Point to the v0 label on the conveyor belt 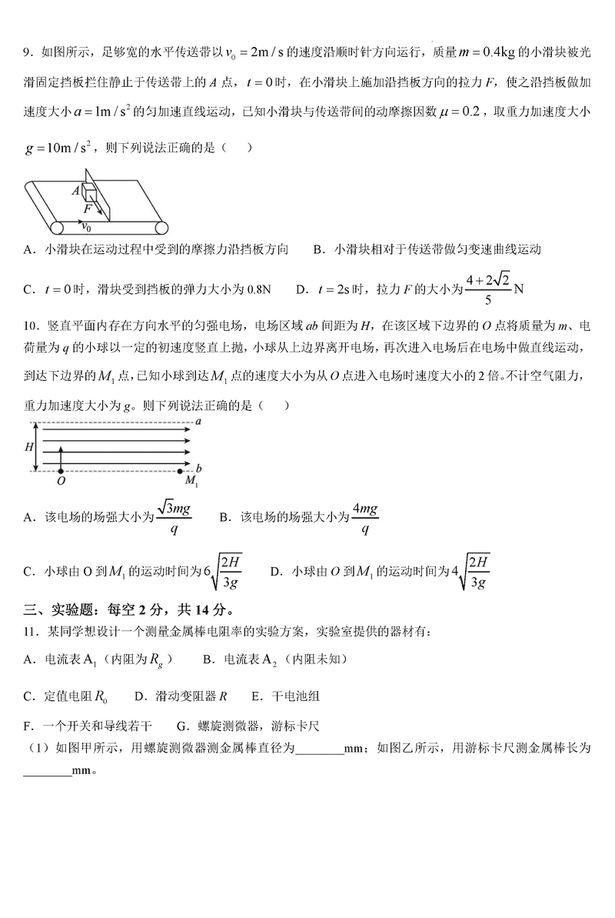coord(87,227)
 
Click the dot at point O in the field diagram coord(61,469)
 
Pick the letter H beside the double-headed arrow coord(29,446)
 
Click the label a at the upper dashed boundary coord(198,422)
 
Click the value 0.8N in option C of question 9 coord(257,289)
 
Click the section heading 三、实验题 coord(65,610)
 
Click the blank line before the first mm coord(319,748)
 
